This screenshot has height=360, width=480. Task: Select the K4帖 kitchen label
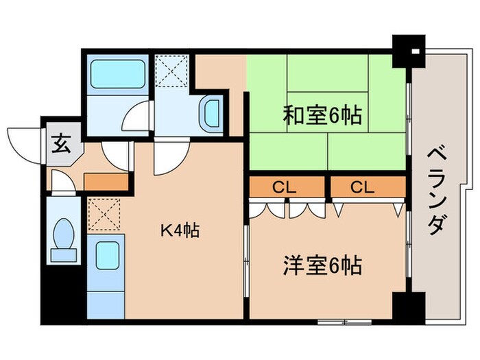tap(180, 231)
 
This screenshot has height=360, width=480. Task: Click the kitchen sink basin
tap(107, 255)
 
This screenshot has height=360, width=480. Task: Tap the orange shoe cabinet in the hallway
tap(106, 182)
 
